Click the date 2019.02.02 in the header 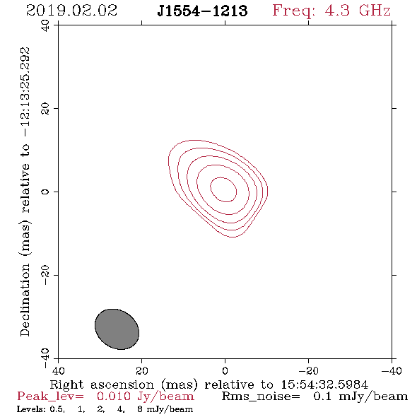(71, 11)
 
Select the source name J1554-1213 (202, 11)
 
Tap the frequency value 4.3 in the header (337, 11)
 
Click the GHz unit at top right (375, 11)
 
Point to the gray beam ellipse (117, 329)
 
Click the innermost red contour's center (223, 189)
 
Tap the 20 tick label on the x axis (141, 370)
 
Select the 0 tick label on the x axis (225, 370)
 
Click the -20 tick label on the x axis (308, 370)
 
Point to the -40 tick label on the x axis (392, 370)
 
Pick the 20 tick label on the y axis (45, 109)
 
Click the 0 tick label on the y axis (45, 192)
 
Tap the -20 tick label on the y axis (45, 275)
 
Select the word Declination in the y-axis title (25, 300)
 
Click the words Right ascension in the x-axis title (102, 384)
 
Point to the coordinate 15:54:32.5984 (324, 384)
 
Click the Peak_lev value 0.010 (114, 397)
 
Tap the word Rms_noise (261, 397)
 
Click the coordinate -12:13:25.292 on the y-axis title (25, 92)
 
